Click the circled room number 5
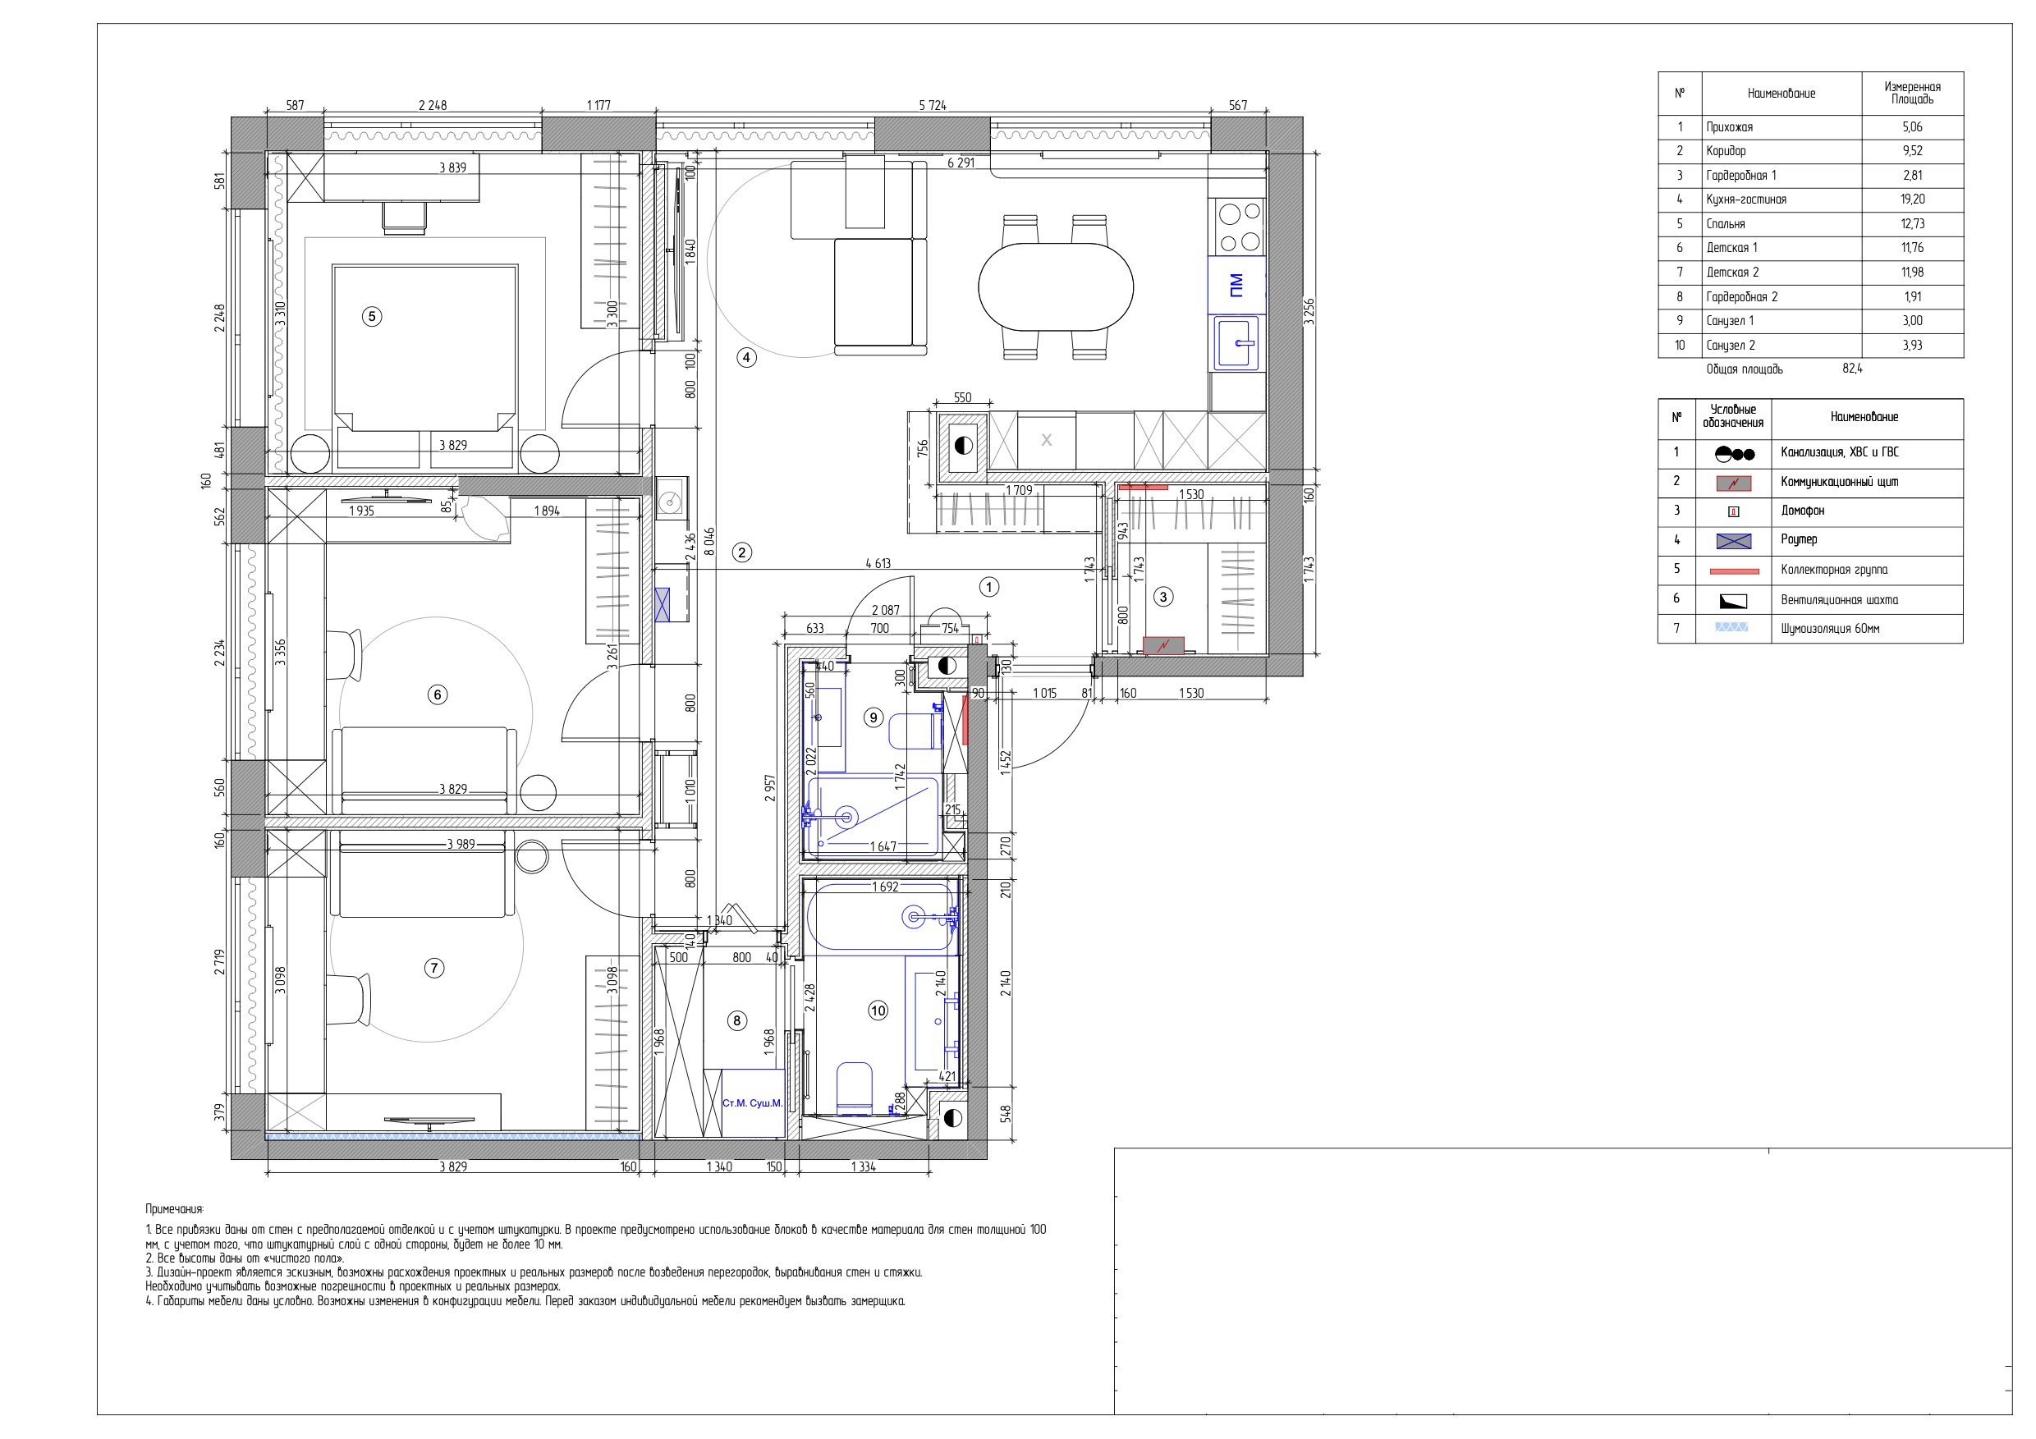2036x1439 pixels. click(372, 317)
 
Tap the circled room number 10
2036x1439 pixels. click(878, 1011)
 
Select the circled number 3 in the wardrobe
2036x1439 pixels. click(1163, 598)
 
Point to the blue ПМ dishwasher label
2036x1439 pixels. click(1236, 285)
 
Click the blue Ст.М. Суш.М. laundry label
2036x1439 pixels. click(752, 1103)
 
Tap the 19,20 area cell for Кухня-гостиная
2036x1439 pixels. click(1913, 199)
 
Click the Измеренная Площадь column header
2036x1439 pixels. click(1913, 93)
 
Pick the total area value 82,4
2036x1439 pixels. click(1852, 369)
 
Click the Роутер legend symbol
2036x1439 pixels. click(1734, 541)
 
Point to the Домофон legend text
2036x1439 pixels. click(1804, 511)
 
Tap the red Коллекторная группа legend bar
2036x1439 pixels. click(1734, 571)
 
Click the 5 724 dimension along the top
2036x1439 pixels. click(932, 106)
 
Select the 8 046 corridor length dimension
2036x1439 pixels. click(709, 542)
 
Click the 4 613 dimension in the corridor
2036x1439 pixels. click(878, 563)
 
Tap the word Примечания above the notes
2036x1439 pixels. click(174, 1209)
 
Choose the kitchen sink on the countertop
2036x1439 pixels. click(1237, 342)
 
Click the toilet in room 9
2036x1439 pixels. click(915, 731)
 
